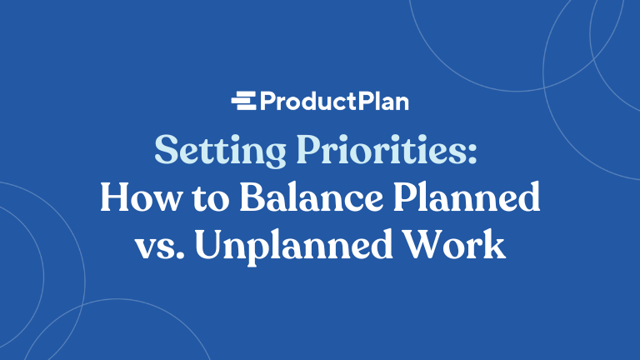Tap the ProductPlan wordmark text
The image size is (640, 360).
pyautogui.click(x=333, y=102)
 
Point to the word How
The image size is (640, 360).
pyautogui.click(x=132, y=199)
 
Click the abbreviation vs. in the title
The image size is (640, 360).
pyautogui.click(x=156, y=247)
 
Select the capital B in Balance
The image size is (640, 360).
pyautogui.click(x=229, y=199)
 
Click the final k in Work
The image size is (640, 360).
pyautogui.click(x=497, y=247)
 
